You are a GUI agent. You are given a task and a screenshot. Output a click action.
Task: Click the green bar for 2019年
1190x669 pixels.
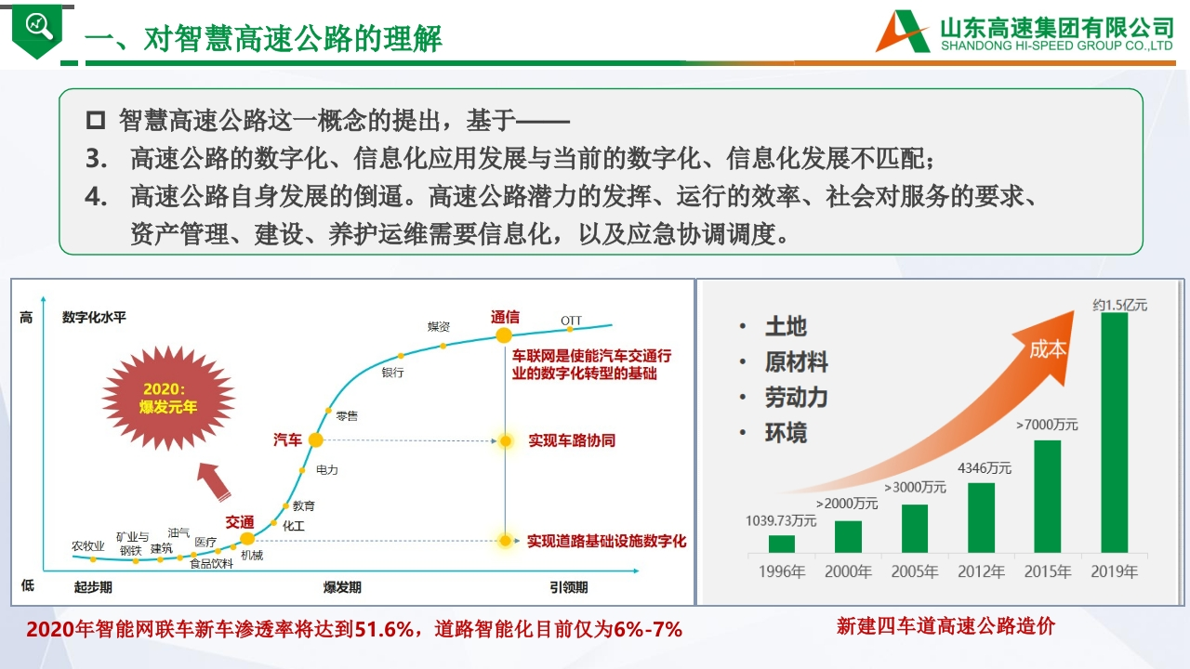[1114, 432]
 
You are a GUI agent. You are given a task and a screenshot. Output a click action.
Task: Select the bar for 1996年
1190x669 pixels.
[782, 544]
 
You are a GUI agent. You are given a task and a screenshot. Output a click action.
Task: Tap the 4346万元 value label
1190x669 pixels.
[985, 468]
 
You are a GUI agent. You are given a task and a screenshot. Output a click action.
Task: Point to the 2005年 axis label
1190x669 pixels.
[914, 571]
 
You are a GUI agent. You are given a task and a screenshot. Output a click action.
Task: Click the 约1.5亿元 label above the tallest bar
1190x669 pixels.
[1120, 305]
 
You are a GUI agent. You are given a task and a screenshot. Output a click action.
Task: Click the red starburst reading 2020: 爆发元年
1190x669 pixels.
[168, 398]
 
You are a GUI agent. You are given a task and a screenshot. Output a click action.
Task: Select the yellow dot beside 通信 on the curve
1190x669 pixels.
[504, 335]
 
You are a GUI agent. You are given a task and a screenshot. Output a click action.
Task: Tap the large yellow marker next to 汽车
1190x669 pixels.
[315, 440]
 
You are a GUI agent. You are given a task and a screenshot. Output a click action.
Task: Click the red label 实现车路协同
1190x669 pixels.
[572, 440]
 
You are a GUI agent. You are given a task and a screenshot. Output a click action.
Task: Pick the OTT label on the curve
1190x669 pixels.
[571, 321]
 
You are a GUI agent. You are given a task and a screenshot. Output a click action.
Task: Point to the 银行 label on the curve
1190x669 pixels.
[392, 373]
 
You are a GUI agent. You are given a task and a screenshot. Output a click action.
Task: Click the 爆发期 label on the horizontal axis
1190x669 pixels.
[342, 587]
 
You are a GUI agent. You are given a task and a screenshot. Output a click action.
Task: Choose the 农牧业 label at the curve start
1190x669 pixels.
[88, 545]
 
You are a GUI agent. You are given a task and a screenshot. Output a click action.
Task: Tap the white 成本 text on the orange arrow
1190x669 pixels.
[1048, 349]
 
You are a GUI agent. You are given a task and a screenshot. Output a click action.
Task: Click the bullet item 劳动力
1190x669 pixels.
[797, 397]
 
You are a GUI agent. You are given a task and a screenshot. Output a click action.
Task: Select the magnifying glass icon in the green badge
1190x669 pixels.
[39, 25]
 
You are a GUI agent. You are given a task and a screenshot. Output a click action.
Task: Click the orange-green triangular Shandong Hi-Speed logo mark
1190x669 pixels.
[903, 32]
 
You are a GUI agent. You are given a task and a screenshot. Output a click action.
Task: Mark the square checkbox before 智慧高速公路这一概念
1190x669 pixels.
[96, 120]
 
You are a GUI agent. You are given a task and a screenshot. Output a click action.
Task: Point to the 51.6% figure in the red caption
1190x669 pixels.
[384, 629]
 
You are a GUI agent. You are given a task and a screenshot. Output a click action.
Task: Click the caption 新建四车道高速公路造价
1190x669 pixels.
[945, 626]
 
